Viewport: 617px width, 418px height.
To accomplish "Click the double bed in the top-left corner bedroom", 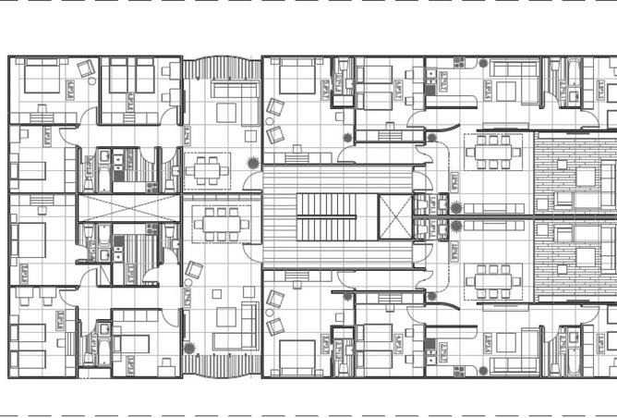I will (x=42, y=77).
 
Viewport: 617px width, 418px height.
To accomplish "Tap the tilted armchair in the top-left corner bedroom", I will (x=86, y=68).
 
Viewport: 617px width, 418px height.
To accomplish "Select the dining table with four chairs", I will (x=208, y=169).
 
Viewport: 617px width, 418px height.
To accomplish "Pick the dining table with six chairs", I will (x=221, y=223).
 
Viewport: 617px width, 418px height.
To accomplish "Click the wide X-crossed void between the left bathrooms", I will (x=128, y=208).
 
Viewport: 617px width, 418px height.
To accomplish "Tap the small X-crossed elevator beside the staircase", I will (x=395, y=218).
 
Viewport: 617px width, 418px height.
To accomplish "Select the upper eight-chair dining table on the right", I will (x=493, y=151).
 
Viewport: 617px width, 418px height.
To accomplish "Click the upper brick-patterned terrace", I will (x=575, y=172).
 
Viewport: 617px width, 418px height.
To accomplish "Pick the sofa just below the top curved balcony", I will (x=235, y=90).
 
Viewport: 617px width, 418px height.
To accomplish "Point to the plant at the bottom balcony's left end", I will (x=189, y=349).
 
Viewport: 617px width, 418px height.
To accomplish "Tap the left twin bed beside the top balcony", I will (x=118, y=76).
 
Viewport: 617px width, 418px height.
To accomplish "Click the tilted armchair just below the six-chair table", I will (x=194, y=270).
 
